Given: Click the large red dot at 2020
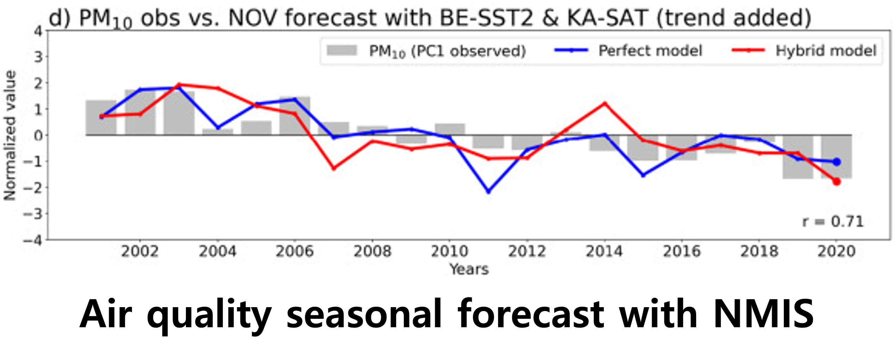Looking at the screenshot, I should [x=837, y=181].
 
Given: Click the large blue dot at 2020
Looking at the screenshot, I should [x=837, y=162].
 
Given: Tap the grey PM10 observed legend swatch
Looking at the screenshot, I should [x=342, y=50].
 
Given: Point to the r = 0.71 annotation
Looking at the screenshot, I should [x=833, y=222].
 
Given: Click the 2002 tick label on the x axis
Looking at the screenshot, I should [x=140, y=252].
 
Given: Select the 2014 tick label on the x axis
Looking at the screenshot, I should [x=604, y=252].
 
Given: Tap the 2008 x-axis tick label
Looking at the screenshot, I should [x=372, y=252].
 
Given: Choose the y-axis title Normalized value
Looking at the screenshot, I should [x=10, y=136].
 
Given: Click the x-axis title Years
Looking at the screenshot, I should [x=469, y=269].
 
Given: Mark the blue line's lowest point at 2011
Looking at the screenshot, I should [x=488, y=192].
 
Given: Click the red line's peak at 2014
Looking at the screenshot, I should [x=605, y=103].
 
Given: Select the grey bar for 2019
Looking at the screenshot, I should [x=798, y=157].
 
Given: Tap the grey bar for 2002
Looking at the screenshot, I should [x=140, y=112].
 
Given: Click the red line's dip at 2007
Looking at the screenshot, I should [x=333, y=168].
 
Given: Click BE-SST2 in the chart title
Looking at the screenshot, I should [x=486, y=18].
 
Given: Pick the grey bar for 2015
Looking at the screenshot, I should [x=643, y=148].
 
